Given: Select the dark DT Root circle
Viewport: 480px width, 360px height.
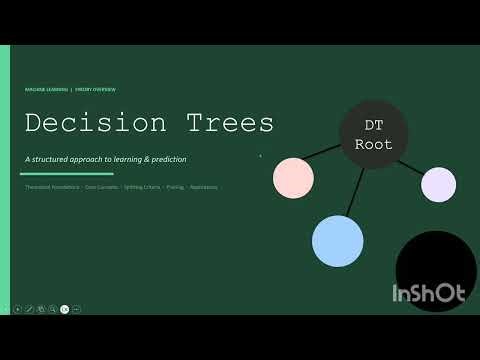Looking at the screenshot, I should [x=373, y=134].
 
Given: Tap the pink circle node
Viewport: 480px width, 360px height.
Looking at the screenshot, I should [x=294, y=177].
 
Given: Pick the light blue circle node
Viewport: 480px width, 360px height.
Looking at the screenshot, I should [x=337, y=240].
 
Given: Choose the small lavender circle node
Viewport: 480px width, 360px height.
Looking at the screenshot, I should [x=438, y=184].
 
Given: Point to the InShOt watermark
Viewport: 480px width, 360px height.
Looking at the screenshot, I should [x=428, y=294].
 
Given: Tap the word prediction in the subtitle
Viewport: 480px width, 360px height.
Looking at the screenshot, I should [x=165, y=159].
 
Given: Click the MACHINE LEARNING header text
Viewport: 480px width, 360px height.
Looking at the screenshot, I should [x=46, y=89].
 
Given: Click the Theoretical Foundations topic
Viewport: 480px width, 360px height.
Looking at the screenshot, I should [x=52, y=187].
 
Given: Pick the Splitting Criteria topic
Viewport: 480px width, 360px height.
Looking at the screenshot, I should [x=142, y=187].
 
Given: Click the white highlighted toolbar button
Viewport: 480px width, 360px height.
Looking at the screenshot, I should [x=65, y=309].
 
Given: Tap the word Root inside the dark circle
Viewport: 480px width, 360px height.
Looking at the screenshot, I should [x=373, y=144].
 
